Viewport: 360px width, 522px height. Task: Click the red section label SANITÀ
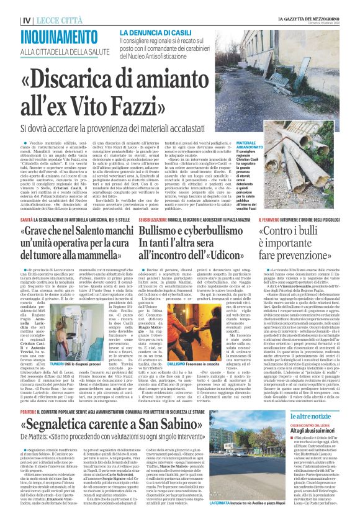coord(27,202)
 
